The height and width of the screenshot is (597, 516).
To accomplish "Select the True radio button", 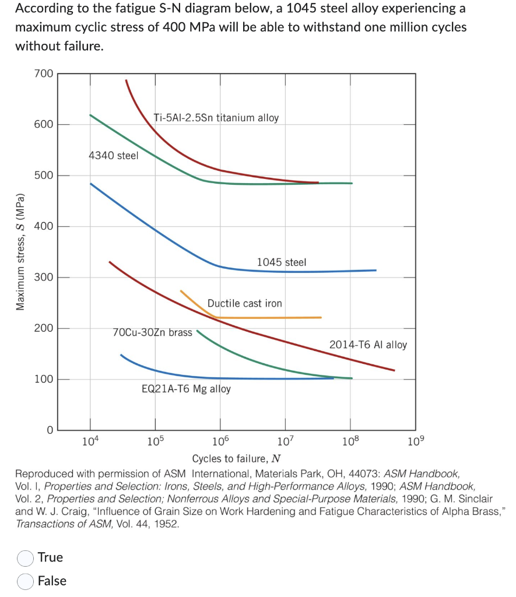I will (25, 558).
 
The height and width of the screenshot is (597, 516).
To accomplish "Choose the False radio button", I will (25, 581).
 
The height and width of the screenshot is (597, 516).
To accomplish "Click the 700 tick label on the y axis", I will (43, 73).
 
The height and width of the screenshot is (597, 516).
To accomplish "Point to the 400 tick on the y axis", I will (43, 226).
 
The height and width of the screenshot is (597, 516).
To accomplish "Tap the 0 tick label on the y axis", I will (50, 430).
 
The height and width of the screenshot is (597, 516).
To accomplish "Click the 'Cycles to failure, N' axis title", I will (236, 458).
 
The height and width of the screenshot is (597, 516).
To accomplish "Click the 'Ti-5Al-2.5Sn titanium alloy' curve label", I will (216, 118).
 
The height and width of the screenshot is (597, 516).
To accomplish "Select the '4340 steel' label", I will (113, 156).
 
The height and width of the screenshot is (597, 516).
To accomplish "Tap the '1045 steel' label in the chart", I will (281, 262).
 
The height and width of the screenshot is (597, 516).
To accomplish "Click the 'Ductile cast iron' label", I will (244, 303).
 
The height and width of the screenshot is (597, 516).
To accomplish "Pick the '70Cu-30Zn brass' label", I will (152, 332).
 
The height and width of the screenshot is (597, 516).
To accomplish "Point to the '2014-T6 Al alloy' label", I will (368, 345).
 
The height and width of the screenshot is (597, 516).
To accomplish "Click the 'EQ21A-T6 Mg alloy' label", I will (186, 389).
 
